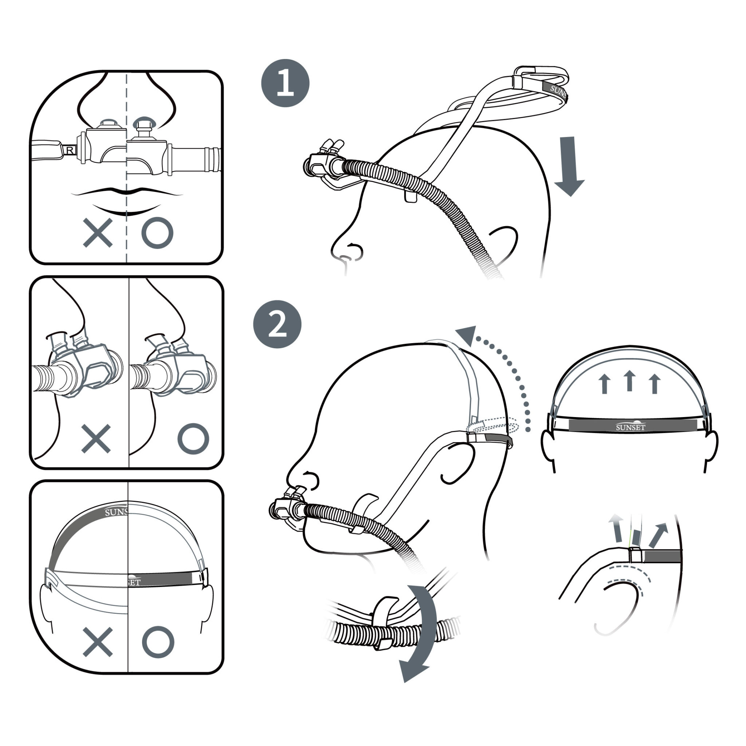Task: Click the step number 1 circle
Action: tap(285, 83)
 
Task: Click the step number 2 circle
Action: tap(277, 324)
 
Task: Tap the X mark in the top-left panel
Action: tap(98, 232)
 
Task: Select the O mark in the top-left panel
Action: tap(157, 232)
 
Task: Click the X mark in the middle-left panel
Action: tap(96, 439)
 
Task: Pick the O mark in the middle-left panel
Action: tap(193, 439)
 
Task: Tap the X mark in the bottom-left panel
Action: tap(98, 642)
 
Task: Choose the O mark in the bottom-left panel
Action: tap(158, 642)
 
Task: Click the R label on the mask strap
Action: tap(70, 150)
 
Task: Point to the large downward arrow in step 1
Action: tap(569, 166)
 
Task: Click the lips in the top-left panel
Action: tap(127, 201)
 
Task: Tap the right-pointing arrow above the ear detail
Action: tap(658, 535)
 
